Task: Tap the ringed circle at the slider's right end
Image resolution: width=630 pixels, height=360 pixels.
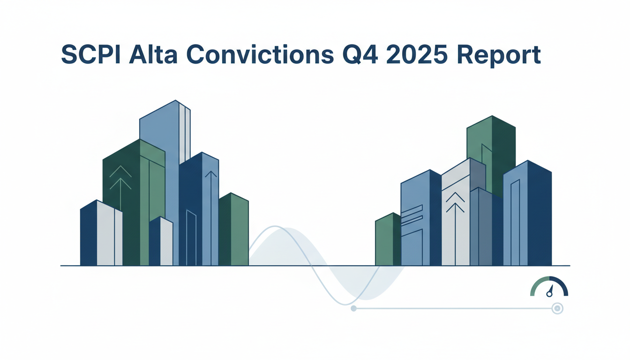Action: pyautogui.click(x=557, y=308)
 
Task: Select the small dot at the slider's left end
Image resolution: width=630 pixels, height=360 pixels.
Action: pyautogui.click(x=353, y=308)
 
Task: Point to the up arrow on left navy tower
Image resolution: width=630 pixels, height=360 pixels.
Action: pyautogui.click(x=211, y=176)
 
